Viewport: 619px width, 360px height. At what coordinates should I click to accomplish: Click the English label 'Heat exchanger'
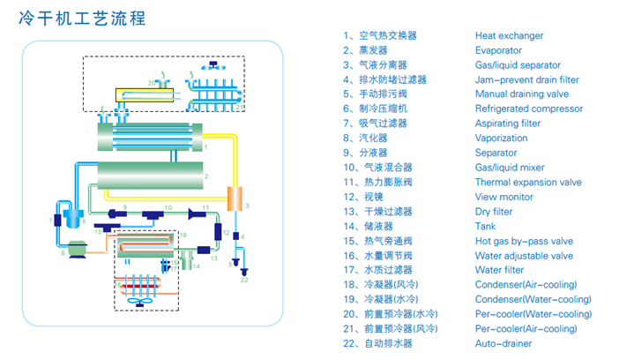click(x=509, y=36)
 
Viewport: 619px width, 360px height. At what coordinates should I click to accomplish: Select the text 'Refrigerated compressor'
click(x=528, y=109)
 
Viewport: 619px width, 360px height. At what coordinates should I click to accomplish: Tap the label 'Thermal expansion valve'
click(x=528, y=183)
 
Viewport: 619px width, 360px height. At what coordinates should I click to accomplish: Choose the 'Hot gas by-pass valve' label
click(x=524, y=241)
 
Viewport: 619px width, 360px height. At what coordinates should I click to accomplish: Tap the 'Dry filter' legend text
click(x=494, y=212)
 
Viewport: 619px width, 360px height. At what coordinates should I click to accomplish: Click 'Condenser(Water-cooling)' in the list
click(x=533, y=299)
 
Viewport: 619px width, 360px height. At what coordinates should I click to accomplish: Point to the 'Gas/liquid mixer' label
click(x=510, y=168)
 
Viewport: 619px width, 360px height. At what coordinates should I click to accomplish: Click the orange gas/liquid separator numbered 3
click(x=235, y=199)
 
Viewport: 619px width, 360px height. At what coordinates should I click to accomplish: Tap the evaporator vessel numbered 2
click(x=149, y=176)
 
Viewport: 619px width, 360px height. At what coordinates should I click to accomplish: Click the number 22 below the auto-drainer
click(x=244, y=280)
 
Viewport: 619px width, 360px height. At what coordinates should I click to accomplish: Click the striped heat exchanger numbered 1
click(x=150, y=138)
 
